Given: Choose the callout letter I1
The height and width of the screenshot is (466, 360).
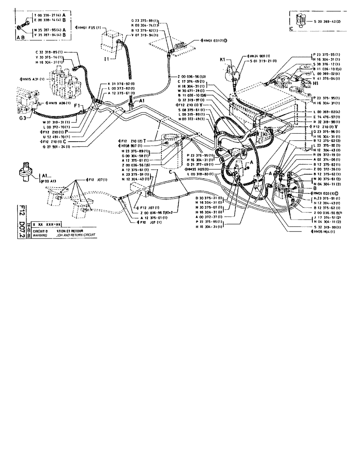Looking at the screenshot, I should click(106, 60).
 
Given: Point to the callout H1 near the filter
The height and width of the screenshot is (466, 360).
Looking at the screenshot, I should click(316, 84).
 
